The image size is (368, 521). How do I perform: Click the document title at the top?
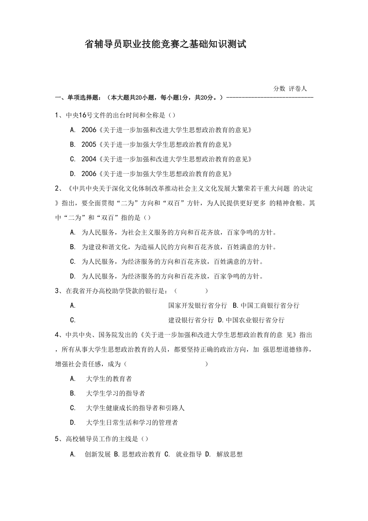[166, 44]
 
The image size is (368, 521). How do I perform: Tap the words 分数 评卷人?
[290, 89]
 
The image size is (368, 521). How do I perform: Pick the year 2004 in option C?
[89, 159]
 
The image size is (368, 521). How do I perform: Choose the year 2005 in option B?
[89, 144]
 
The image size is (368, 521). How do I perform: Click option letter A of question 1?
[72, 130]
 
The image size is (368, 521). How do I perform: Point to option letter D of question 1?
[72, 174]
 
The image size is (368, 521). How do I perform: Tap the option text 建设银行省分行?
[191, 320]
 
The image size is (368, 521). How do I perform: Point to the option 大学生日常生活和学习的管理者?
[132, 423]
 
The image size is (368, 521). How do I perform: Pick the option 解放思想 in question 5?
[229, 455]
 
